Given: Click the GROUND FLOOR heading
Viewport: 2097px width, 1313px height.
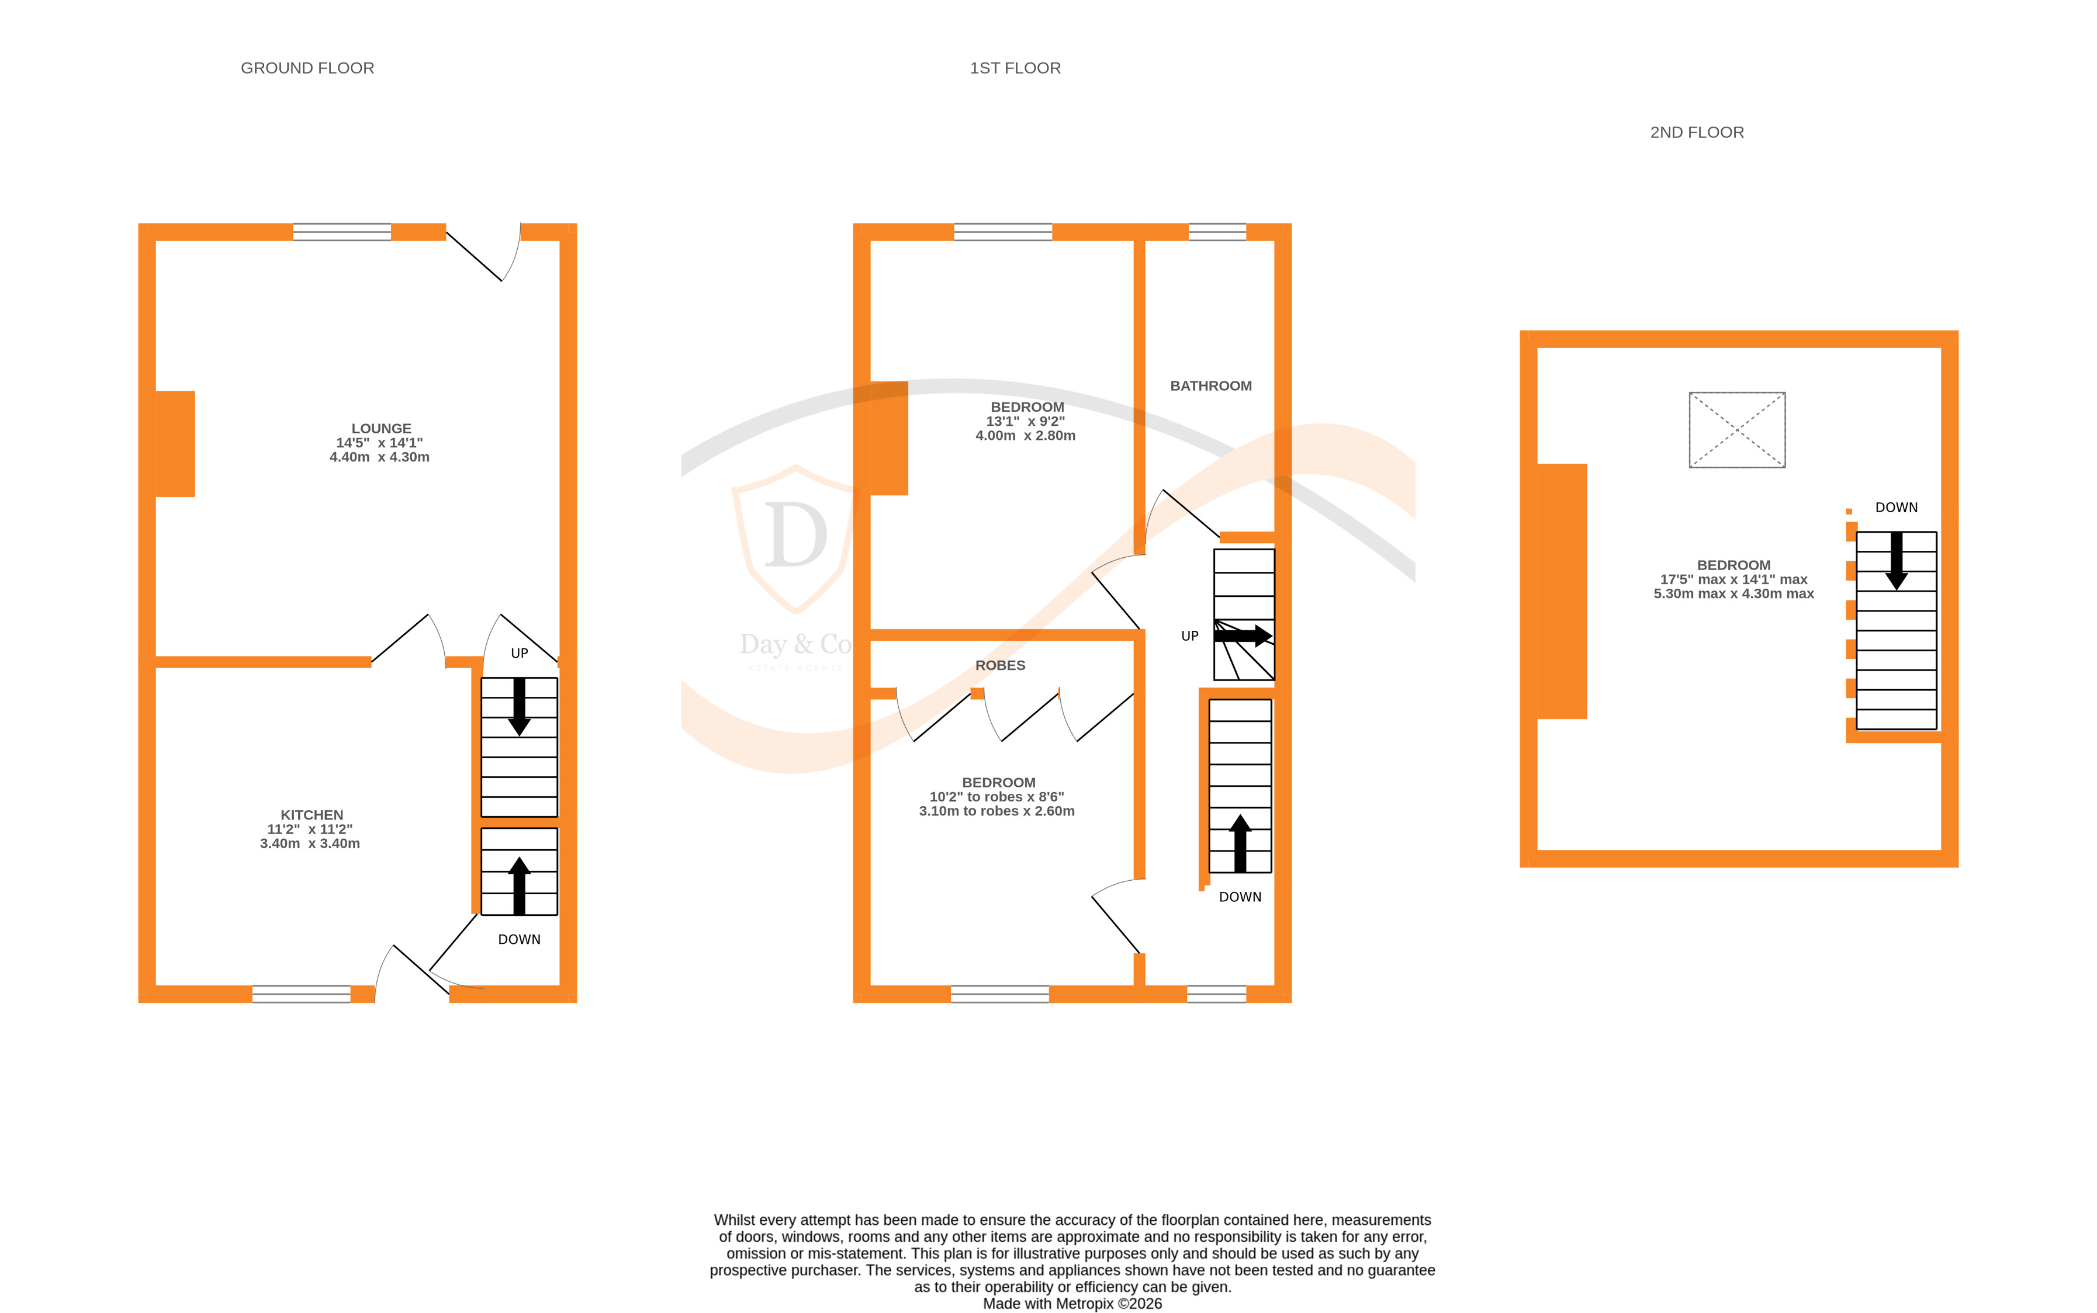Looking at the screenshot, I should tap(307, 68).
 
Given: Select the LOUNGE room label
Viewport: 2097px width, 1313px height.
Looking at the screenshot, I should tap(380, 428).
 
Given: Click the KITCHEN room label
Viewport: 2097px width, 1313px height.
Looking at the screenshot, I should tap(311, 815).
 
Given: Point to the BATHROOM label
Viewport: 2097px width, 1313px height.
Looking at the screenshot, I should tap(1210, 385).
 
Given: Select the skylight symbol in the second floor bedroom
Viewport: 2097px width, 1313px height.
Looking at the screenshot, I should tap(1736, 430).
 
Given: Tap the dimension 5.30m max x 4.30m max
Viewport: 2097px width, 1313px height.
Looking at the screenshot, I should tap(1732, 594).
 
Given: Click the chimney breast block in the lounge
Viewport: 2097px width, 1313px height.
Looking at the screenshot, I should tap(175, 444).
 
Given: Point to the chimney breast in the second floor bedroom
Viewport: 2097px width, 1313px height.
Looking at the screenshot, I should tap(1561, 590).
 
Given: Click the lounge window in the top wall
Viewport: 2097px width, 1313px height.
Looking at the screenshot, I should tap(341, 232).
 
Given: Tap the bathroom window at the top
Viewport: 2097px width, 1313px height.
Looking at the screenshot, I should tap(1216, 232).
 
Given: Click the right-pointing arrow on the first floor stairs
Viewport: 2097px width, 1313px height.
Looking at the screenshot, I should tap(1243, 635).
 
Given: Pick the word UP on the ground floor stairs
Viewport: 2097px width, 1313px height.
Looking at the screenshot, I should tap(518, 653).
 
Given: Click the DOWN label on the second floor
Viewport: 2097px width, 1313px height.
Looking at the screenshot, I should tap(1895, 507).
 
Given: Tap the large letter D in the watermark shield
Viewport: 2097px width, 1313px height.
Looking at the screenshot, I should tap(794, 534).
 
